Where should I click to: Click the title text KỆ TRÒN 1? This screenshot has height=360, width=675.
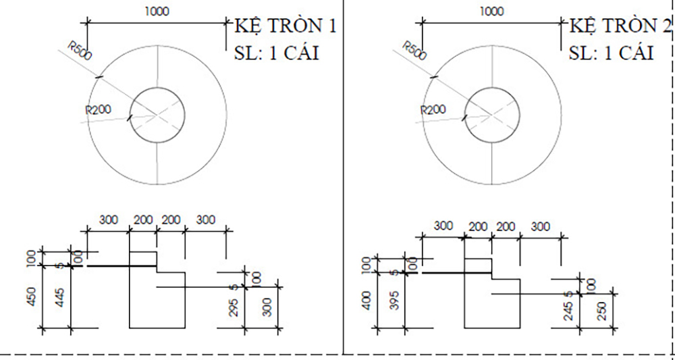[x=284, y=26]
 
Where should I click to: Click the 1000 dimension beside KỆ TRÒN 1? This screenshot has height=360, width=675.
[x=157, y=11]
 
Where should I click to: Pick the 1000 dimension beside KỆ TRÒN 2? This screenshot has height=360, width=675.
[x=491, y=11]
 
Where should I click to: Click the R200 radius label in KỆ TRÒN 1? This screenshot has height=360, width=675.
[x=98, y=109]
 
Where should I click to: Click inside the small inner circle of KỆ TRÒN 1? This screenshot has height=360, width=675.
[x=157, y=115]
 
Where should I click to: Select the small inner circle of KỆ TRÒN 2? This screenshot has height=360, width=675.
[x=492, y=115]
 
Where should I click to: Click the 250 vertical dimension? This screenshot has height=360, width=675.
[x=601, y=311]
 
